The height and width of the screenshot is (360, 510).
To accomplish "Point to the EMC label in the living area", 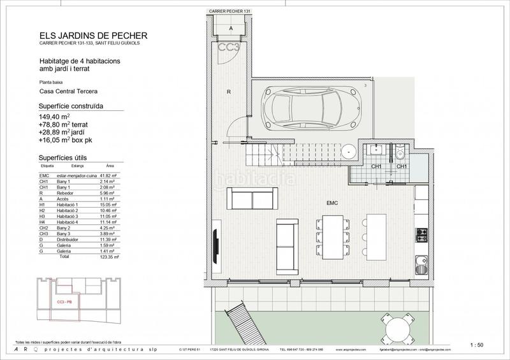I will pos(331,203).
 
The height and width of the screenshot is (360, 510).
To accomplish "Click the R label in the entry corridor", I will pos(228,92).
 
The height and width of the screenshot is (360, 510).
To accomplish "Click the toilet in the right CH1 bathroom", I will pos(398,154).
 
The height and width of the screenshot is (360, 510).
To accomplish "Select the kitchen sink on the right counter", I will pos(420,261).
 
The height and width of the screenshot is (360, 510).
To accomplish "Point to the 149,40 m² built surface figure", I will pos(54,117).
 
